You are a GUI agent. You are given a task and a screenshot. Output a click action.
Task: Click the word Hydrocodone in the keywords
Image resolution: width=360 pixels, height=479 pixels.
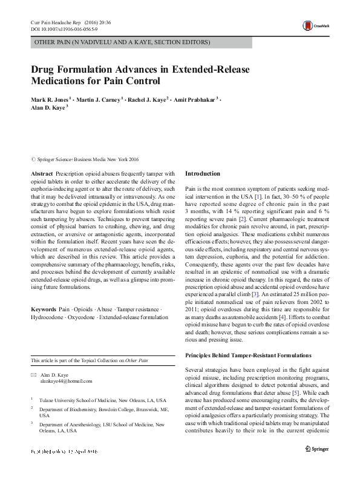(50, 317)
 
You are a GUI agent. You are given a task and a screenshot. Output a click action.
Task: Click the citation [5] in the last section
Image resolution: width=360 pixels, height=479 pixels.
(313, 392)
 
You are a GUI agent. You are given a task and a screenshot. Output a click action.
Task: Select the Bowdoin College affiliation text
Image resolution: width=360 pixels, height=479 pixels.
(102, 409)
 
